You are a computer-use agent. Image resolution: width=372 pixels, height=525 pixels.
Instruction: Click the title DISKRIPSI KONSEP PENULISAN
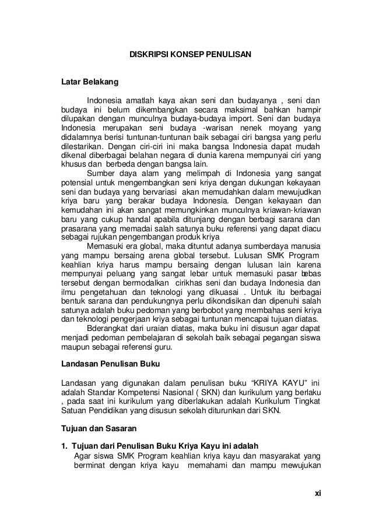(x=189, y=55)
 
